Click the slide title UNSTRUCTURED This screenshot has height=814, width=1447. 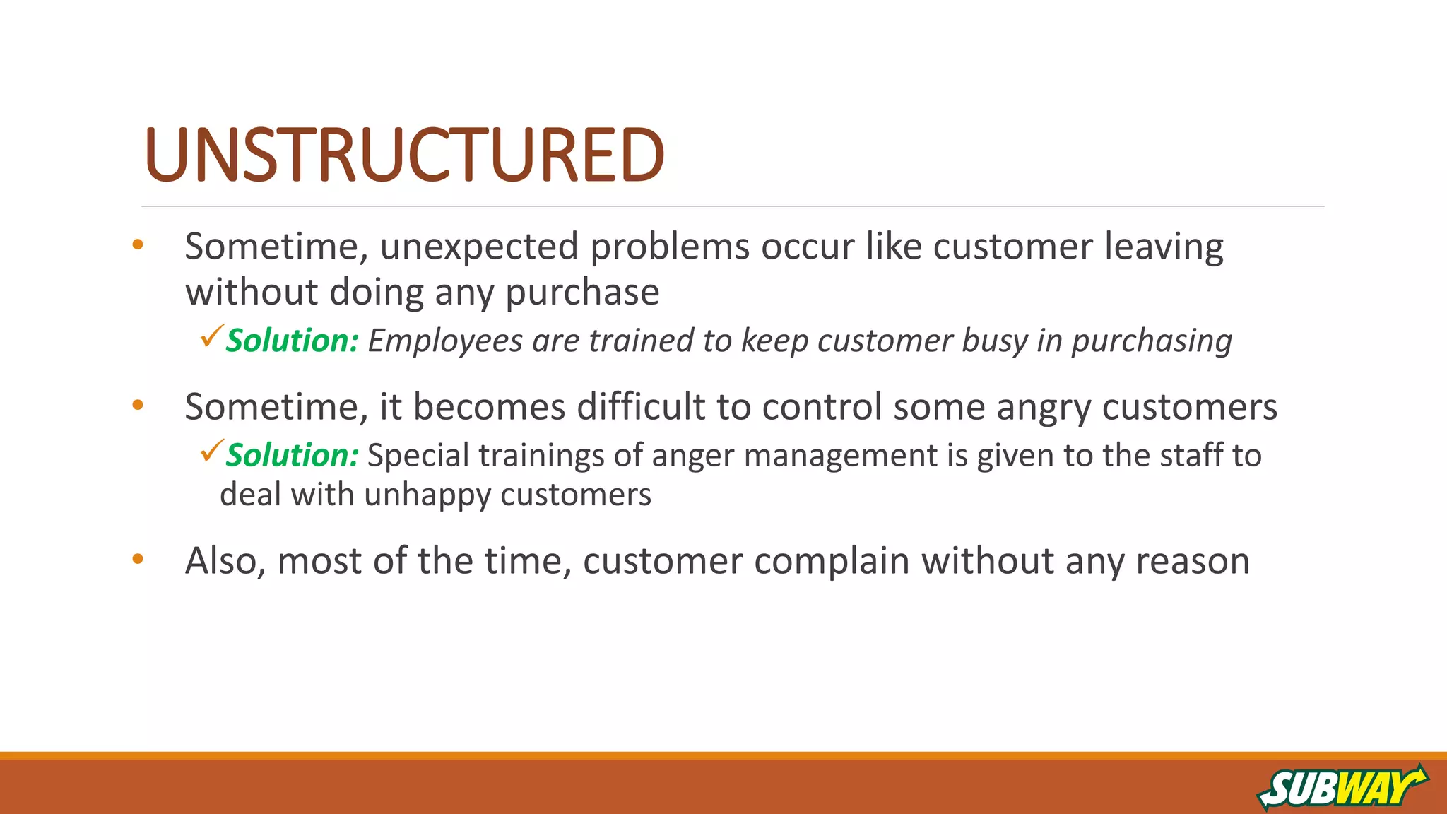(403, 155)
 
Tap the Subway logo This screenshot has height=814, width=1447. (1342, 787)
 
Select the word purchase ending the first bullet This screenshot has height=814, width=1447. (582, 293)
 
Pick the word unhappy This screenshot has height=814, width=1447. (427, 495)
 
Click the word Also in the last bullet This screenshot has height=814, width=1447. (225, 561)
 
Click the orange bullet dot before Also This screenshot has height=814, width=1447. (138, 559)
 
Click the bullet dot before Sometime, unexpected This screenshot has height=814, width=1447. (138, 245)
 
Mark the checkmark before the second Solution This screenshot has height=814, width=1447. (212, 450)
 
